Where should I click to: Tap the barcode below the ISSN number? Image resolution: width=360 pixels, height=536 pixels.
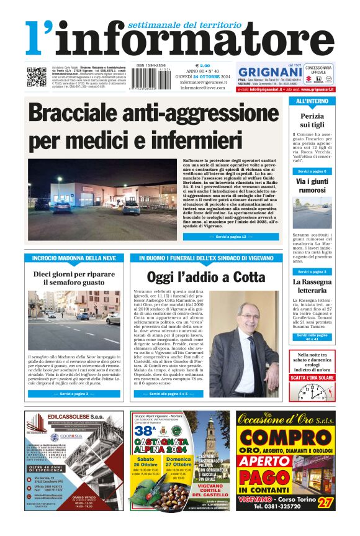pos(148,80)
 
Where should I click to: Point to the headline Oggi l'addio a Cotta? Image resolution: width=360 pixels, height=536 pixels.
pos(197,277)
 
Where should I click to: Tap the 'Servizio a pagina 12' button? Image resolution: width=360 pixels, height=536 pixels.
pos(222,237)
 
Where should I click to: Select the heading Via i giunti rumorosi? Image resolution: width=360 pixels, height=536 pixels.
pos(312,186)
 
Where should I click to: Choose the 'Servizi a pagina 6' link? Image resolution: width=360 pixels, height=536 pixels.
pos(312,171)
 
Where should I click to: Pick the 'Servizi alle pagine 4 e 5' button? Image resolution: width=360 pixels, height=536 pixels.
pos(168,394)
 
